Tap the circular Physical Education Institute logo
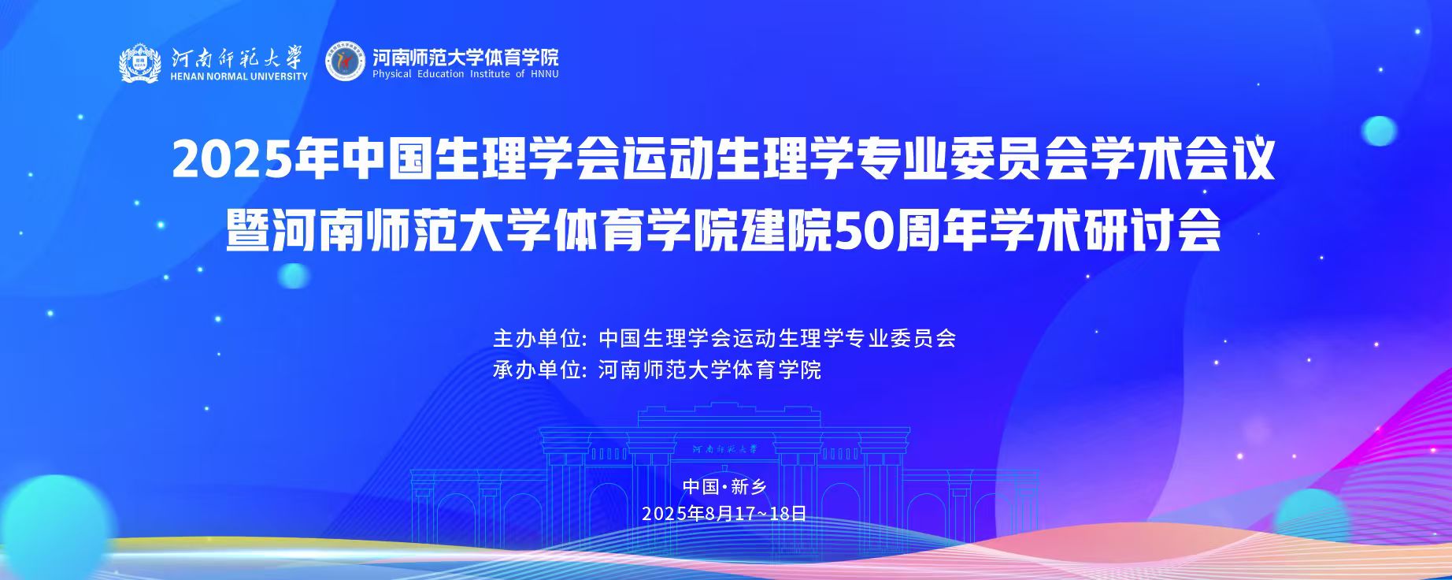[x=346, y=61]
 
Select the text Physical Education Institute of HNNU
[x=465, y=74]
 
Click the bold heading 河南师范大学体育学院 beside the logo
[x=465, y=57]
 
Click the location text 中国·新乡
[x=724, y=486]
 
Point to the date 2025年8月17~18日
[x=724, y=514]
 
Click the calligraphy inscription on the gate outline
[x=724, y=448]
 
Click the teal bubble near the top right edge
[x=1379, y=131]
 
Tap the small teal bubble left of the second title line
[x=294, y=274]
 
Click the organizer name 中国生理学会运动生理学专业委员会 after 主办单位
[x=777, y=339]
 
